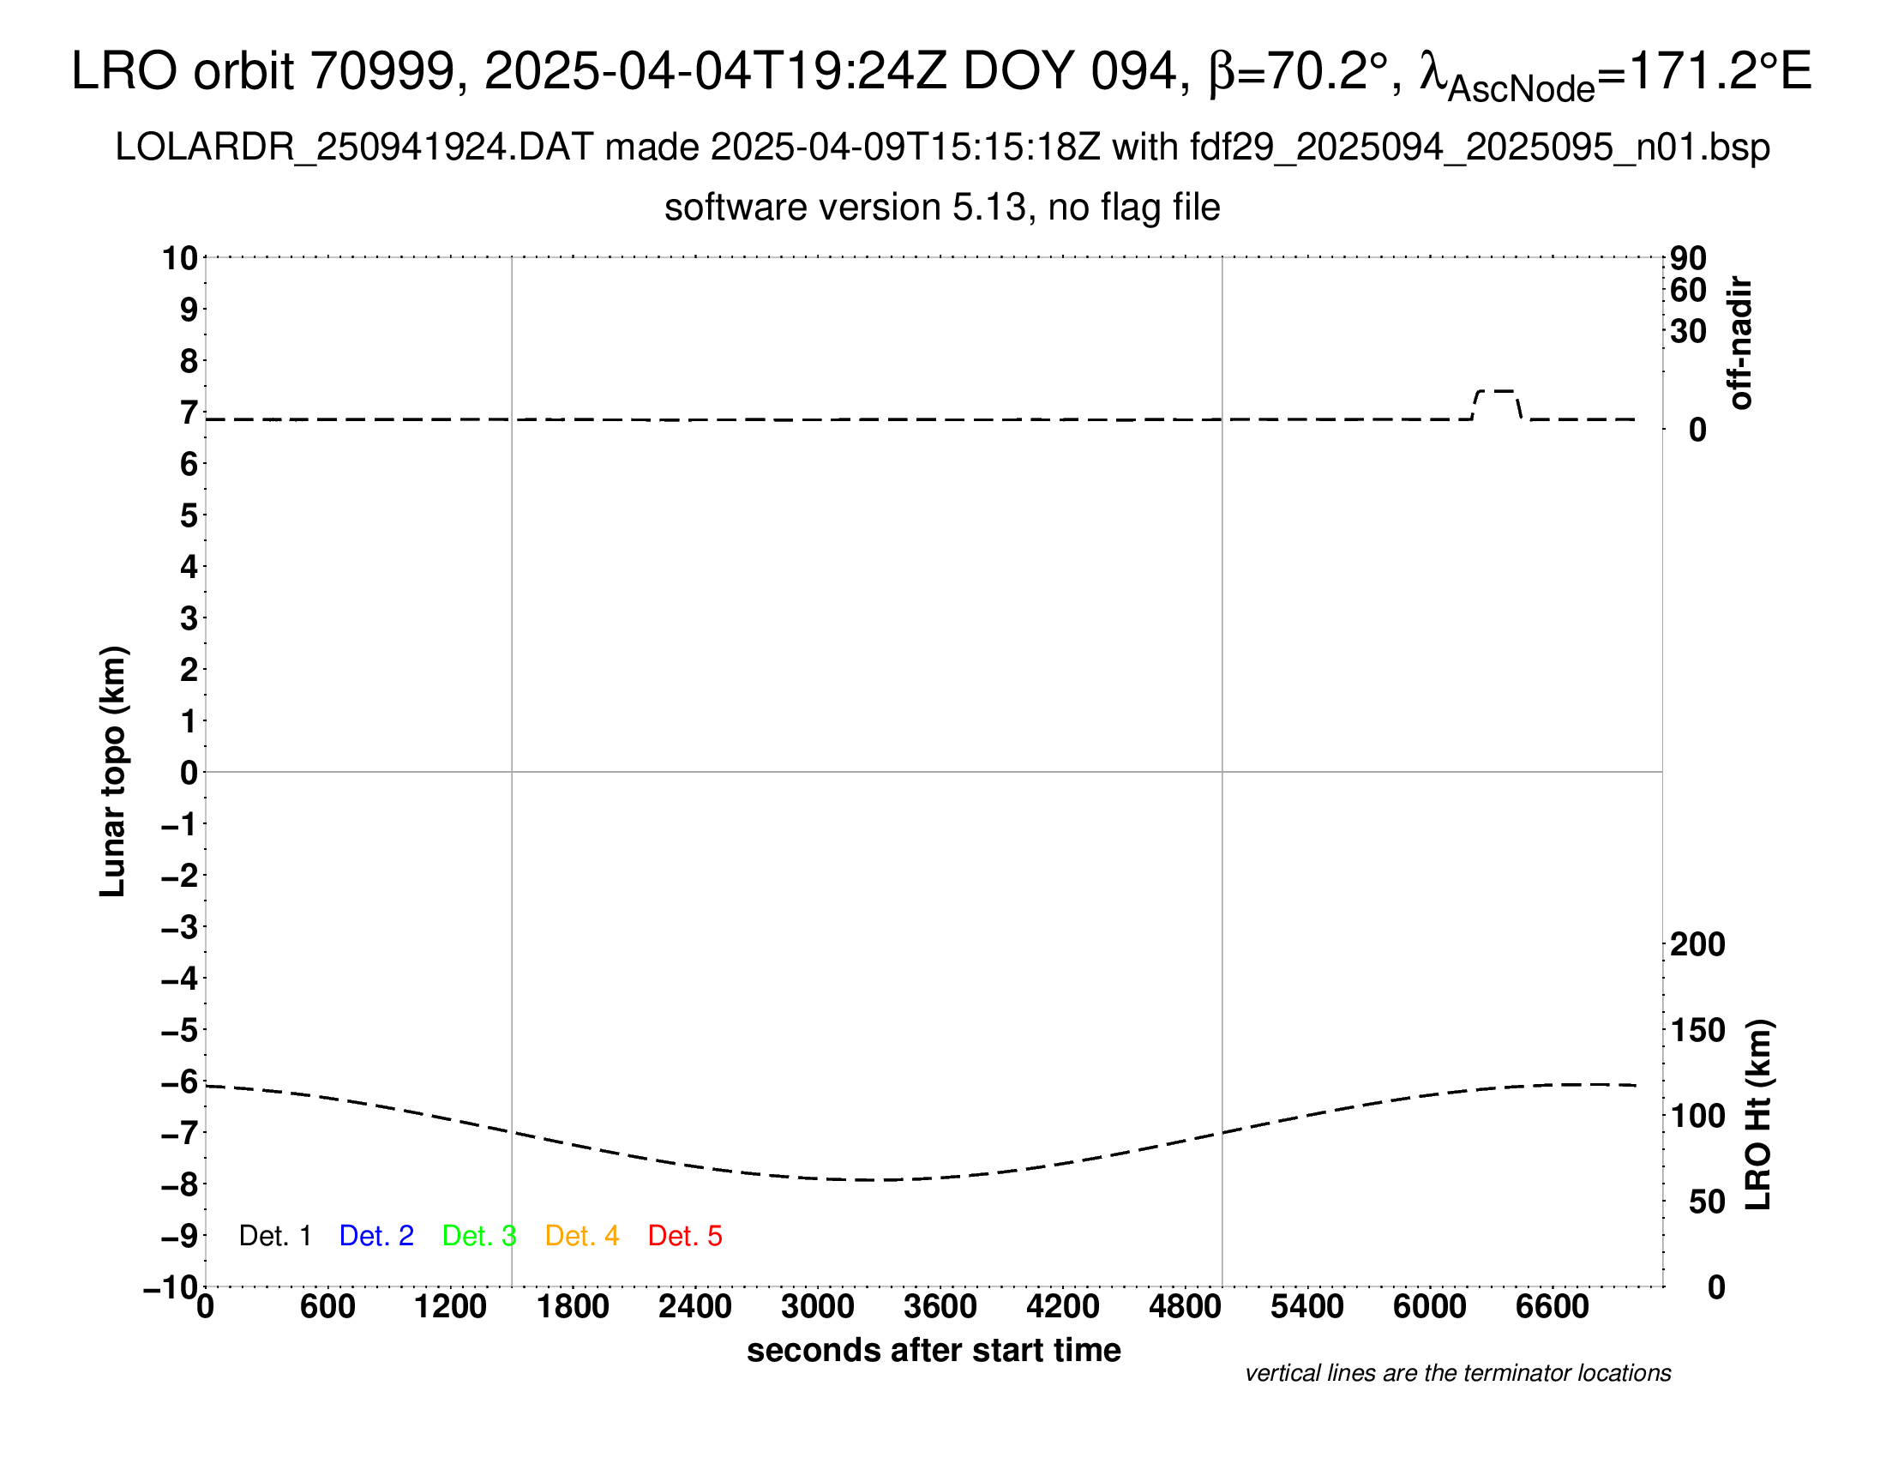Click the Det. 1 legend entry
pos(274,1236)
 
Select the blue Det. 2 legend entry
pos(376,1236)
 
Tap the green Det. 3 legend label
pos(479,1236)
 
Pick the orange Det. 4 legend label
pos(582,1236)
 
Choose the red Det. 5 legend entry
pos(685,1236)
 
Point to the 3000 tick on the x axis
pos(817,1306)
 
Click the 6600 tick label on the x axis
pos(1552,1306)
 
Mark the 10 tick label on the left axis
pos(181,257)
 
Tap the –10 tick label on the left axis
pos(171,1287)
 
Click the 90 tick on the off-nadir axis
pos(1688,257)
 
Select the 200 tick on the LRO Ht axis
pos(1697,944)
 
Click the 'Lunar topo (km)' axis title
pos(113,771)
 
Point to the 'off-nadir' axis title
pos(1740,343)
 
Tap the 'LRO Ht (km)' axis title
pos(1758,1114)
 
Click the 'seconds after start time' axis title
pos(934,1350)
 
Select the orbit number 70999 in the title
pos(382,71)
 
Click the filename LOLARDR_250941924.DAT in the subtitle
pos(354,148)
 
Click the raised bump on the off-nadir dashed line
pos(1498,392)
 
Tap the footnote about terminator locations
pos(1457,1373)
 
